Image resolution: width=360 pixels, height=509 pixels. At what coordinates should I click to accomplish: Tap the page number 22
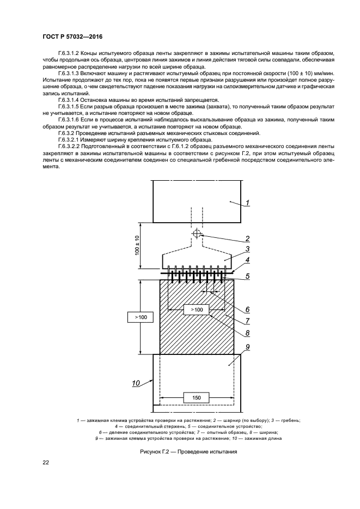[x=46, y=463]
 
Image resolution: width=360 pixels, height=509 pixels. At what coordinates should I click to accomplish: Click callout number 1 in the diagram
[x=247, y=203]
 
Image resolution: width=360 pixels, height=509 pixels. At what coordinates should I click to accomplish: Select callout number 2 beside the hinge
[x=247, y=238]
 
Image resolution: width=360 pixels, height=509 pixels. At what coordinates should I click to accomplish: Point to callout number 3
[x=247, y=249]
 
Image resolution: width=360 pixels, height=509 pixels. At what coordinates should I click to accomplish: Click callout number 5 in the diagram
[x=247, y=276]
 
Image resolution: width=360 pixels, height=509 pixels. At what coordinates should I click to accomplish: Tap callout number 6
[x=247, y=309]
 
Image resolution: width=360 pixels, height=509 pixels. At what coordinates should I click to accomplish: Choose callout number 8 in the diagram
[x=247, y=333]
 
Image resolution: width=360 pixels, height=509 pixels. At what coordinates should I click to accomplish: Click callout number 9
[x=247, y=347]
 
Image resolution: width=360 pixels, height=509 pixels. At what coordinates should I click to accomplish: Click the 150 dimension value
[x=197, y=398]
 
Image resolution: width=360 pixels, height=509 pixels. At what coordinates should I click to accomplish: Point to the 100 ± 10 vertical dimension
[x=137, y=245]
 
